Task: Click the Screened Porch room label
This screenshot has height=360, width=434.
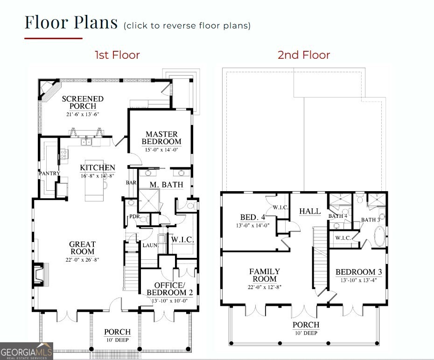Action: [83, 102]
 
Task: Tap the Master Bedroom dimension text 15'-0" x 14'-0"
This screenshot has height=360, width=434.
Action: [161, 150]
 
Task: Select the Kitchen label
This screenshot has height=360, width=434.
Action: [98, 167]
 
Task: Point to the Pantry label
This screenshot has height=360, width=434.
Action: [49, 173]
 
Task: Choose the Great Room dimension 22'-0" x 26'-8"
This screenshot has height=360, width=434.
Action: [82, 260]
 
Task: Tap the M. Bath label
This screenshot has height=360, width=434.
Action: [166, 184]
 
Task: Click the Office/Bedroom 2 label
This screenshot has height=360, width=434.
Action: [170, 289]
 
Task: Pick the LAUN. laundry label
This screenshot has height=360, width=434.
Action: [150, 245]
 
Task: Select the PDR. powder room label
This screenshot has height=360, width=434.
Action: [135, 216]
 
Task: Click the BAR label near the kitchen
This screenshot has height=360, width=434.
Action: [131, 182]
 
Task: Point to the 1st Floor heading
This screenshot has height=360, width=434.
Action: [117, 55]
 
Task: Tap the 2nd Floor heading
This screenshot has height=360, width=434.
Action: [304, 55]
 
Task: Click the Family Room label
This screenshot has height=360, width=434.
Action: [265, 275]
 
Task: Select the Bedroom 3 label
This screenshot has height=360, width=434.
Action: [359, 272]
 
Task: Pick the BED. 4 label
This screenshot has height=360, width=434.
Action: [253, 217]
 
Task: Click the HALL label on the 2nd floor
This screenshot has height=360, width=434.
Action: [310, 211]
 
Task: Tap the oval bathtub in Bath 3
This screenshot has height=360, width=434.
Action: [379, 236]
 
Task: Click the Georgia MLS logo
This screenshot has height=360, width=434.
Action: [27, 352]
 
